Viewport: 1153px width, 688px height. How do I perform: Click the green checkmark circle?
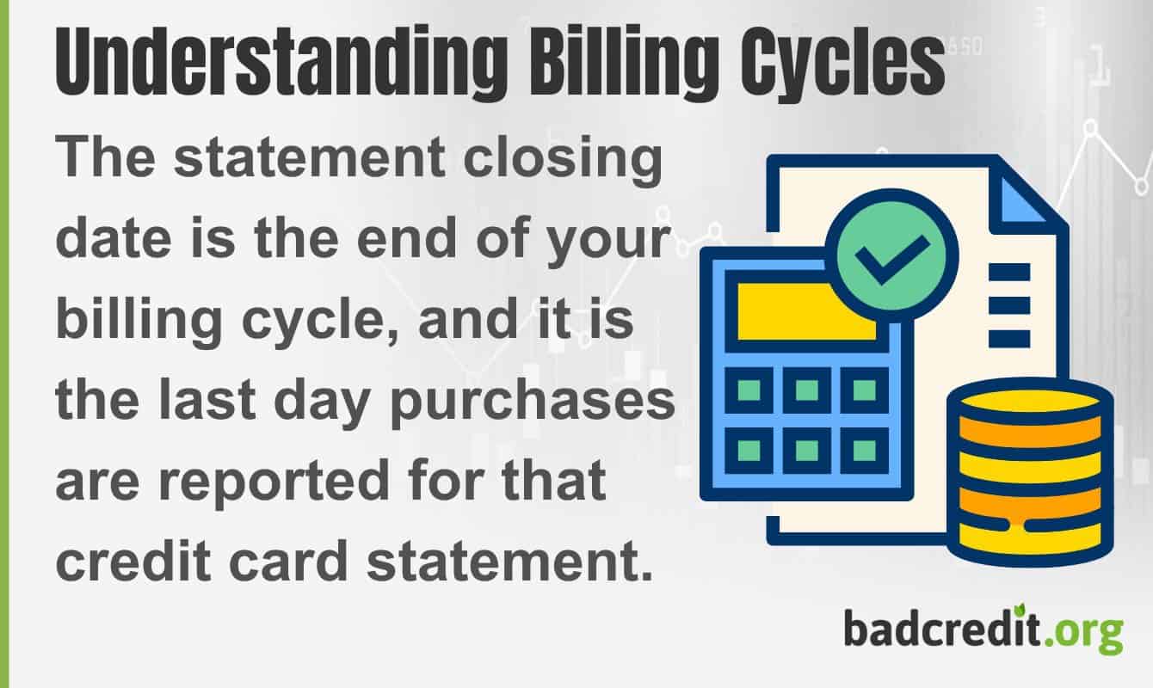click(x=891, y=255)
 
